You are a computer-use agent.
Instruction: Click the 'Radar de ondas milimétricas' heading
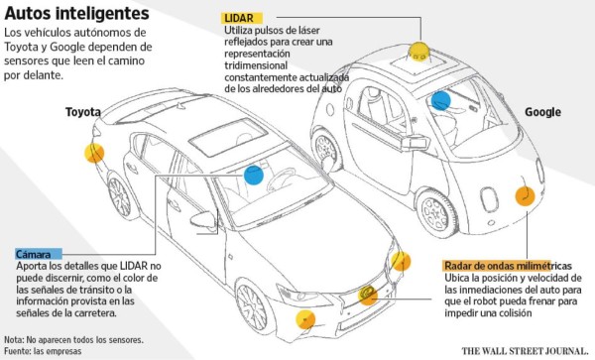508,267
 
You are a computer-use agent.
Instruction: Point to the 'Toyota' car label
84,112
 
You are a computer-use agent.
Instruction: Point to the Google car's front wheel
433,211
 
